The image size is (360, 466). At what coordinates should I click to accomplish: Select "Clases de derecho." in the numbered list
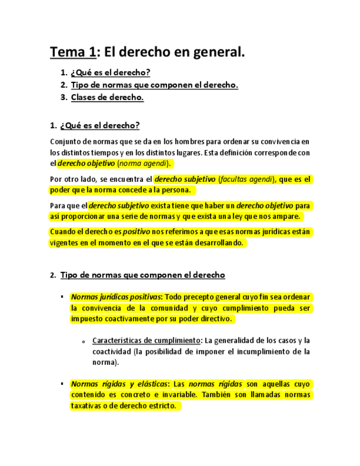click(x=107, y=97)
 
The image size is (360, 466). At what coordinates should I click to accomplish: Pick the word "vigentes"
click(x=63, y=242)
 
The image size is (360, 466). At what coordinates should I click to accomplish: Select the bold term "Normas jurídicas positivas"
click(x=115, y=297)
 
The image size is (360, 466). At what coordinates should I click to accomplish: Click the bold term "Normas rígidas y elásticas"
click(x=121, y=384)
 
